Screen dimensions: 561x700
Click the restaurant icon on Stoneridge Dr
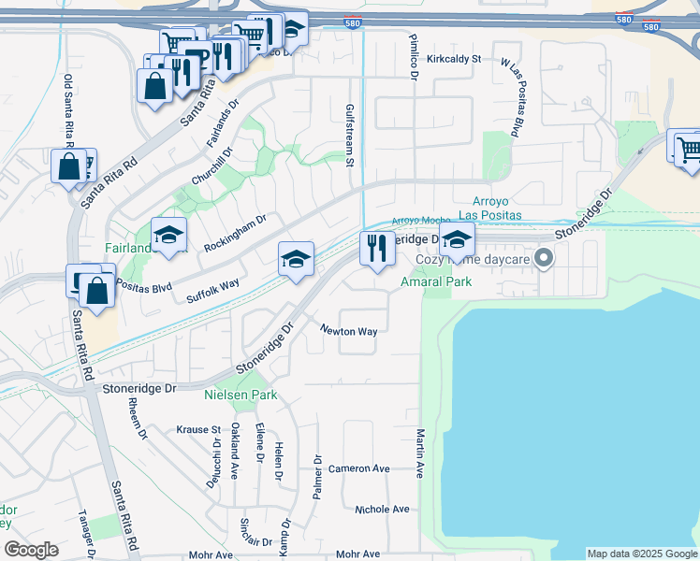click(377, 249)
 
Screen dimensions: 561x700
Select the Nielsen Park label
click(241, 396)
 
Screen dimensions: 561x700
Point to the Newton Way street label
click(349, 331)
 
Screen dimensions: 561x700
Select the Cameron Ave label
click(358, 467)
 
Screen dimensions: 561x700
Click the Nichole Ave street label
click(382, 509)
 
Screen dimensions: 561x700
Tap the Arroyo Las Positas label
click(503, 209)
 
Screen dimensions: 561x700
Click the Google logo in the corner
click(31, 549)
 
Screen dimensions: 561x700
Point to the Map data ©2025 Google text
click(642, 554)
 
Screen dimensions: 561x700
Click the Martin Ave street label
click(420, 453)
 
